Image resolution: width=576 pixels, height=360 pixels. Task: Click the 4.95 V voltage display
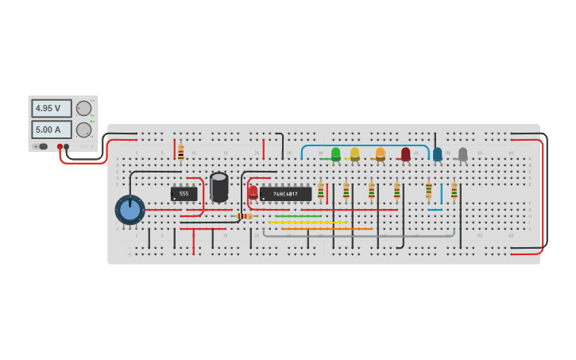point(51,108)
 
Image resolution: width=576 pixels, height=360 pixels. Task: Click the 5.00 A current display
point(51,129)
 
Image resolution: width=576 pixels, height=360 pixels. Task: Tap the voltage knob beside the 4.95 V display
point(83,109)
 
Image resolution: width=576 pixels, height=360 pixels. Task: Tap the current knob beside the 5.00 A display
point(83,130)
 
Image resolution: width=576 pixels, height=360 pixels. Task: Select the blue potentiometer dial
point(130,211)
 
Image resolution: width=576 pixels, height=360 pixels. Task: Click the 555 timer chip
point(184,193)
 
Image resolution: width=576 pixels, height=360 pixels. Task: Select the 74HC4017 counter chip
point(285,193)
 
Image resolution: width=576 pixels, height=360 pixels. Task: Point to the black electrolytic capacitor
point(219,187)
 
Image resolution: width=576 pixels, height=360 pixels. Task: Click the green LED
point(336,153)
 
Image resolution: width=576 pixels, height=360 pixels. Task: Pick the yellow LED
point(355,153)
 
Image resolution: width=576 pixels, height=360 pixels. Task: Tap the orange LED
point(381,153)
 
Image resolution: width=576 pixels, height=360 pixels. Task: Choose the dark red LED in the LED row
point(406,153)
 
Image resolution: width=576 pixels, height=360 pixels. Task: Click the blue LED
point(438,153)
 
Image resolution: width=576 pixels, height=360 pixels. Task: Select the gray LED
point(463,153)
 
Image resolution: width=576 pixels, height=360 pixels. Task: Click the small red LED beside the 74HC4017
point(253,192)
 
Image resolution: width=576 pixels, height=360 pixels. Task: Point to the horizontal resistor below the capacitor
point(245,216)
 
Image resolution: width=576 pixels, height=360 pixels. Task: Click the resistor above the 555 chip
point(181,153)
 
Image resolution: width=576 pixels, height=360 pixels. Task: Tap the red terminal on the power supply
point(60,147)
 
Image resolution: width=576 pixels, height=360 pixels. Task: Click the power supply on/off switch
point(41,146)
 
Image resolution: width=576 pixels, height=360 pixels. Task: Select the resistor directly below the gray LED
point(454,191)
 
